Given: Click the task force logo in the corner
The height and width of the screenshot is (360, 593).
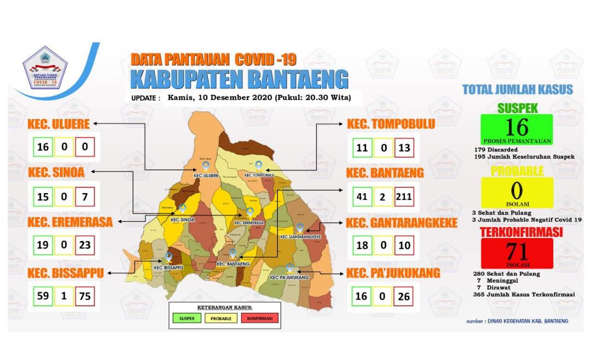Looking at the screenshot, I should [x=45, y=69].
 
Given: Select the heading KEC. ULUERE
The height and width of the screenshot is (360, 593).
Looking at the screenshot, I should [x=59, y=125].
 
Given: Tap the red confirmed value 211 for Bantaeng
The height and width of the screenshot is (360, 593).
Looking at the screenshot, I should [x=404, y=195].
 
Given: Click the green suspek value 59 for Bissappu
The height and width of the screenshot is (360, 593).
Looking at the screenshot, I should [x=42, y=296].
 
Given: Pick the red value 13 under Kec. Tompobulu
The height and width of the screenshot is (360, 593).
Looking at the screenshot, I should [x=404, y=147].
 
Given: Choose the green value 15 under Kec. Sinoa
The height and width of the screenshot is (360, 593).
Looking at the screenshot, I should [x=42, y=195].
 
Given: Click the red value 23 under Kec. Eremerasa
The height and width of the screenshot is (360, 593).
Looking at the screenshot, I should [x=84, y=244].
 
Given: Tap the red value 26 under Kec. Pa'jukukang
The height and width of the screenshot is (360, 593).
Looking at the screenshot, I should [x=404, y=296].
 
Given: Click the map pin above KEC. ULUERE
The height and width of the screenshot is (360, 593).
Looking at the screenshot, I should [x=206, y=165].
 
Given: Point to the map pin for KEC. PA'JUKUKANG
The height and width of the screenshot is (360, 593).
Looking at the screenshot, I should [x=289, y=268].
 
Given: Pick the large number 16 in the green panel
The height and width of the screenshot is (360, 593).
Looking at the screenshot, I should [x=516, y=127].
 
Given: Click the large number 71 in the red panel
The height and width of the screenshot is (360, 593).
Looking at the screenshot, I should [x=516, y=251].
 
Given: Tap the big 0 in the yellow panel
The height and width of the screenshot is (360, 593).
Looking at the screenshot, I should [x=516, y=190].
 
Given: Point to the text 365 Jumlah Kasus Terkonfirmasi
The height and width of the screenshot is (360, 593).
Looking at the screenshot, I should [x=523, y=295].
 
